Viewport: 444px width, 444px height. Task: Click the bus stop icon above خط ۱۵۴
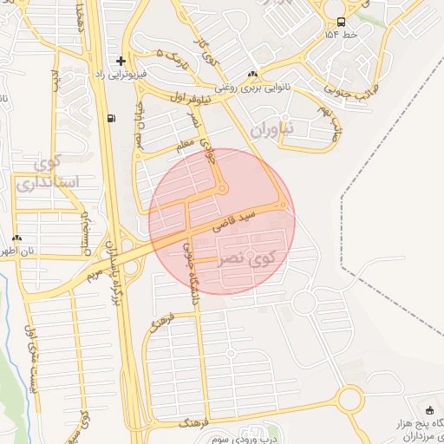[x=340, y=23]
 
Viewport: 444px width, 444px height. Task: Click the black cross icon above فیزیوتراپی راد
[x=121, y=61]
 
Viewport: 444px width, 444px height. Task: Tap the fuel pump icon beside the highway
[x=109, y=119]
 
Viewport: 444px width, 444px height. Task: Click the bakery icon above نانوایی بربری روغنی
[x=252, y=74]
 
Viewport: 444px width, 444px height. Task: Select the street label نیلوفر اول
[x=199, y=98]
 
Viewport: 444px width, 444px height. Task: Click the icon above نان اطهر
[x=17, y=238]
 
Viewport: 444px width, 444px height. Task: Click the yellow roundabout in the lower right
[x=350, y=400]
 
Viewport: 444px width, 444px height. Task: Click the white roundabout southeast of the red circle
[x=304, y=302]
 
